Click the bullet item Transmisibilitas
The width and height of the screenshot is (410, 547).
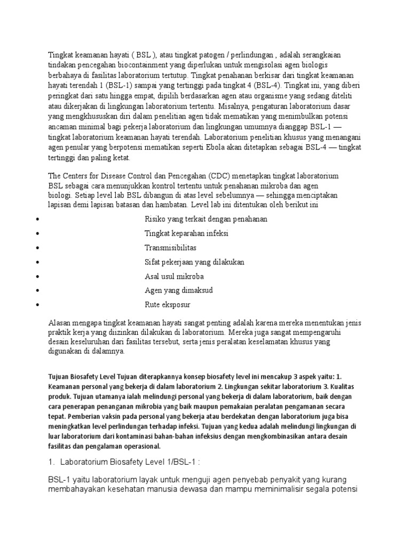(x=170, y=248)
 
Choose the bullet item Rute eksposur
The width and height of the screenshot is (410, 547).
(x=167, y=304)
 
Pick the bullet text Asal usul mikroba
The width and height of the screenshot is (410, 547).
(x=174, y=276)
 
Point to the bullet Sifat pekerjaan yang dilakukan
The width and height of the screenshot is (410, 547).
(x=194, y=262)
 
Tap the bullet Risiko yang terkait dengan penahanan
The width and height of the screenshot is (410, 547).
(x=206, y=219)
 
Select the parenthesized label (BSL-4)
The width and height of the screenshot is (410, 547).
(x=259, y=85)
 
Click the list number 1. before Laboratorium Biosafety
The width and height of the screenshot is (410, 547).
(x=52, y=462)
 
